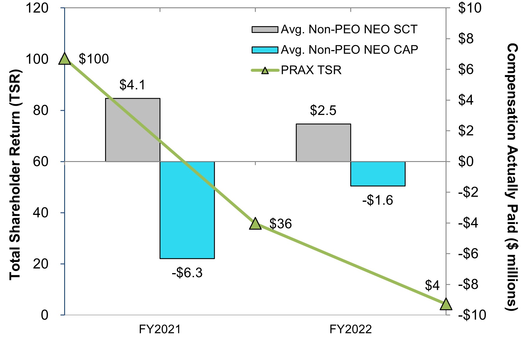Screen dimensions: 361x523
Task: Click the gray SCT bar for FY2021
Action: pyautogui.click(x=132, y=130)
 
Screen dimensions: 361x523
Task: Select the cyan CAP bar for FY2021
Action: pyautogui.click(x=187, y=210)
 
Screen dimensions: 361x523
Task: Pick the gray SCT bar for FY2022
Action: pyautogui.click(x=323, y=143)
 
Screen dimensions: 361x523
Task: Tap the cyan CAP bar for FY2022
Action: pyautogui.click(x=378, y=174)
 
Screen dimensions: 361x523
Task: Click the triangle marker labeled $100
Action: pyautogui.click(x=65, y=59)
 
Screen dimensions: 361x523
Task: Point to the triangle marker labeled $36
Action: pyautogui.click(x=255, y=224)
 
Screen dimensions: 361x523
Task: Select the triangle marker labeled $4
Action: pyautogui.click(x=446, y=304)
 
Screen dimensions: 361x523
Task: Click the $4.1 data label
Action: pyautogui.click(x=132, y=85)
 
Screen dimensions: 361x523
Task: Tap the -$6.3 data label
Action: pyautogui.click(x=187, y=273)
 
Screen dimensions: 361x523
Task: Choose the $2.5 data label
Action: pyautogui.click(x=323, y=111)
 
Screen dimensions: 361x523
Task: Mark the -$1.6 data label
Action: pyautogui.click(x=378, y=200)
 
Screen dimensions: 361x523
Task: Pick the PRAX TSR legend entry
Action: pyautogui.click(x=311, y=70)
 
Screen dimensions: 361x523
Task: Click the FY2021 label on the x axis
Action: pyautogui.click(x=160, y=329)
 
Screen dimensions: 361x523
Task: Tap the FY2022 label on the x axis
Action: pyautogui.click(x=351, y=329)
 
